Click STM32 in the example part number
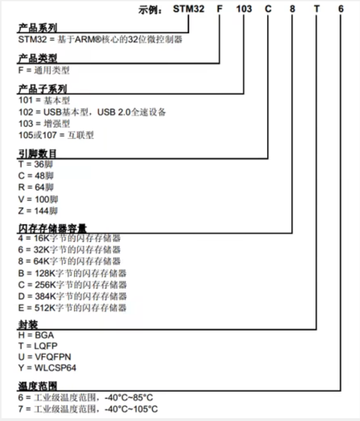[189, 9]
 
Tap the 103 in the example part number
[243, 9]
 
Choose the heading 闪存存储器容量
[52, 228]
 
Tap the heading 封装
[26, 325]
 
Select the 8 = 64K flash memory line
[70, 262]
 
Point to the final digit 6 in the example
[341, 9]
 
